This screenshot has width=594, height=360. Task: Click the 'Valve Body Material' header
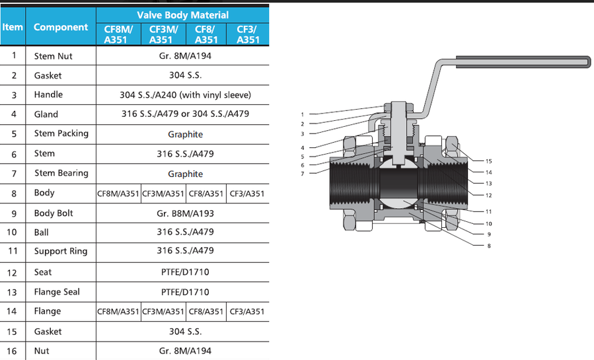click(182, 15)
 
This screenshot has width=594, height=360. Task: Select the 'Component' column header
click(61, 27)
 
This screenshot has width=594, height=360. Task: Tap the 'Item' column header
click(13, 27)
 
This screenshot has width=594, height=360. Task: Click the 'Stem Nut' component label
click(54, 56)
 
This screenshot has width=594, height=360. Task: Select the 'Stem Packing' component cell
click(61, 133)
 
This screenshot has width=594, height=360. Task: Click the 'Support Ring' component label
click(61, 251)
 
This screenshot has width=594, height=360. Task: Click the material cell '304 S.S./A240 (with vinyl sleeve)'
click(185, 95)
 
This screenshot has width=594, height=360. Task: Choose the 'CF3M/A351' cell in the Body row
click(163, 194)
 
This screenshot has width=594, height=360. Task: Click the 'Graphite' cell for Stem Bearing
click(185, 174)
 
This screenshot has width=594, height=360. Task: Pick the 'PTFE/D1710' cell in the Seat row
click(185, 272)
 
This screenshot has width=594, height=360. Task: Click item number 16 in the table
click(13, 351)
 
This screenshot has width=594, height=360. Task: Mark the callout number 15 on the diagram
click(489, 161)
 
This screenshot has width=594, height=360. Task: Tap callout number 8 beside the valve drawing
click(489, 246)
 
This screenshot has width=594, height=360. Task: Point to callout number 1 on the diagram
click(302, 115)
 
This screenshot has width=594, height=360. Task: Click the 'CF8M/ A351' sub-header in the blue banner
click(119, 34)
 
